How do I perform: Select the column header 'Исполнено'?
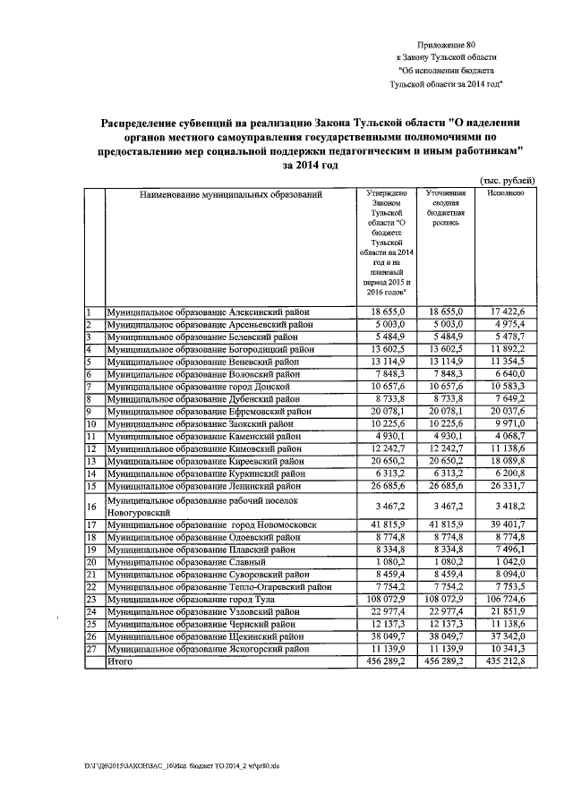[x=506, y=193]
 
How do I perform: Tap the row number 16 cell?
[x=94, y=507]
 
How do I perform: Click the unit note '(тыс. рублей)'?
[x=509, y=179]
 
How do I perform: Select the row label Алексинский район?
[x=210, y=311]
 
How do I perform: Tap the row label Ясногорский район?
[x=211, y=649]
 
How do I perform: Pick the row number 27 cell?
[x=94, y=649]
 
